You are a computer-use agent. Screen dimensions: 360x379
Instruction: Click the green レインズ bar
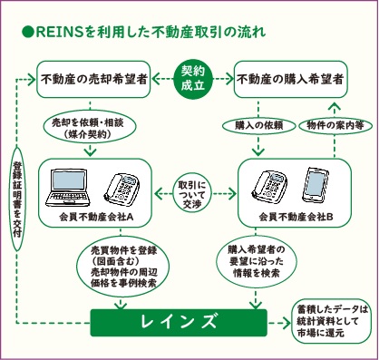(x=189, y=321)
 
